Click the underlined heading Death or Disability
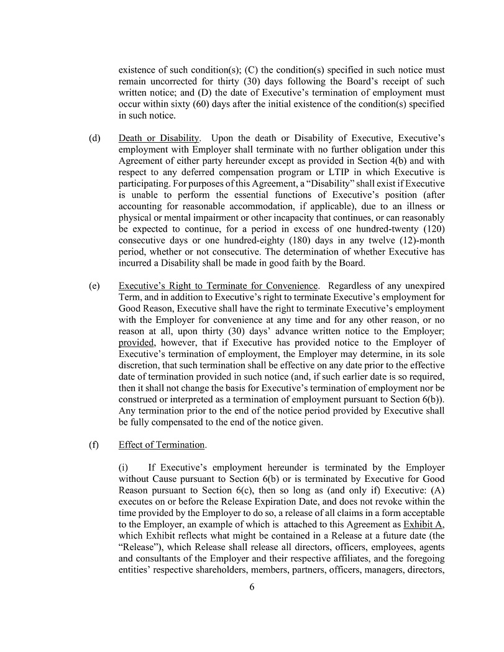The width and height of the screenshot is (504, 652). [159, 137]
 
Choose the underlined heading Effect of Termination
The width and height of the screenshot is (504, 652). [162, 445]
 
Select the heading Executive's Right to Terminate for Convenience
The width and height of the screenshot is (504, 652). [218, 286]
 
